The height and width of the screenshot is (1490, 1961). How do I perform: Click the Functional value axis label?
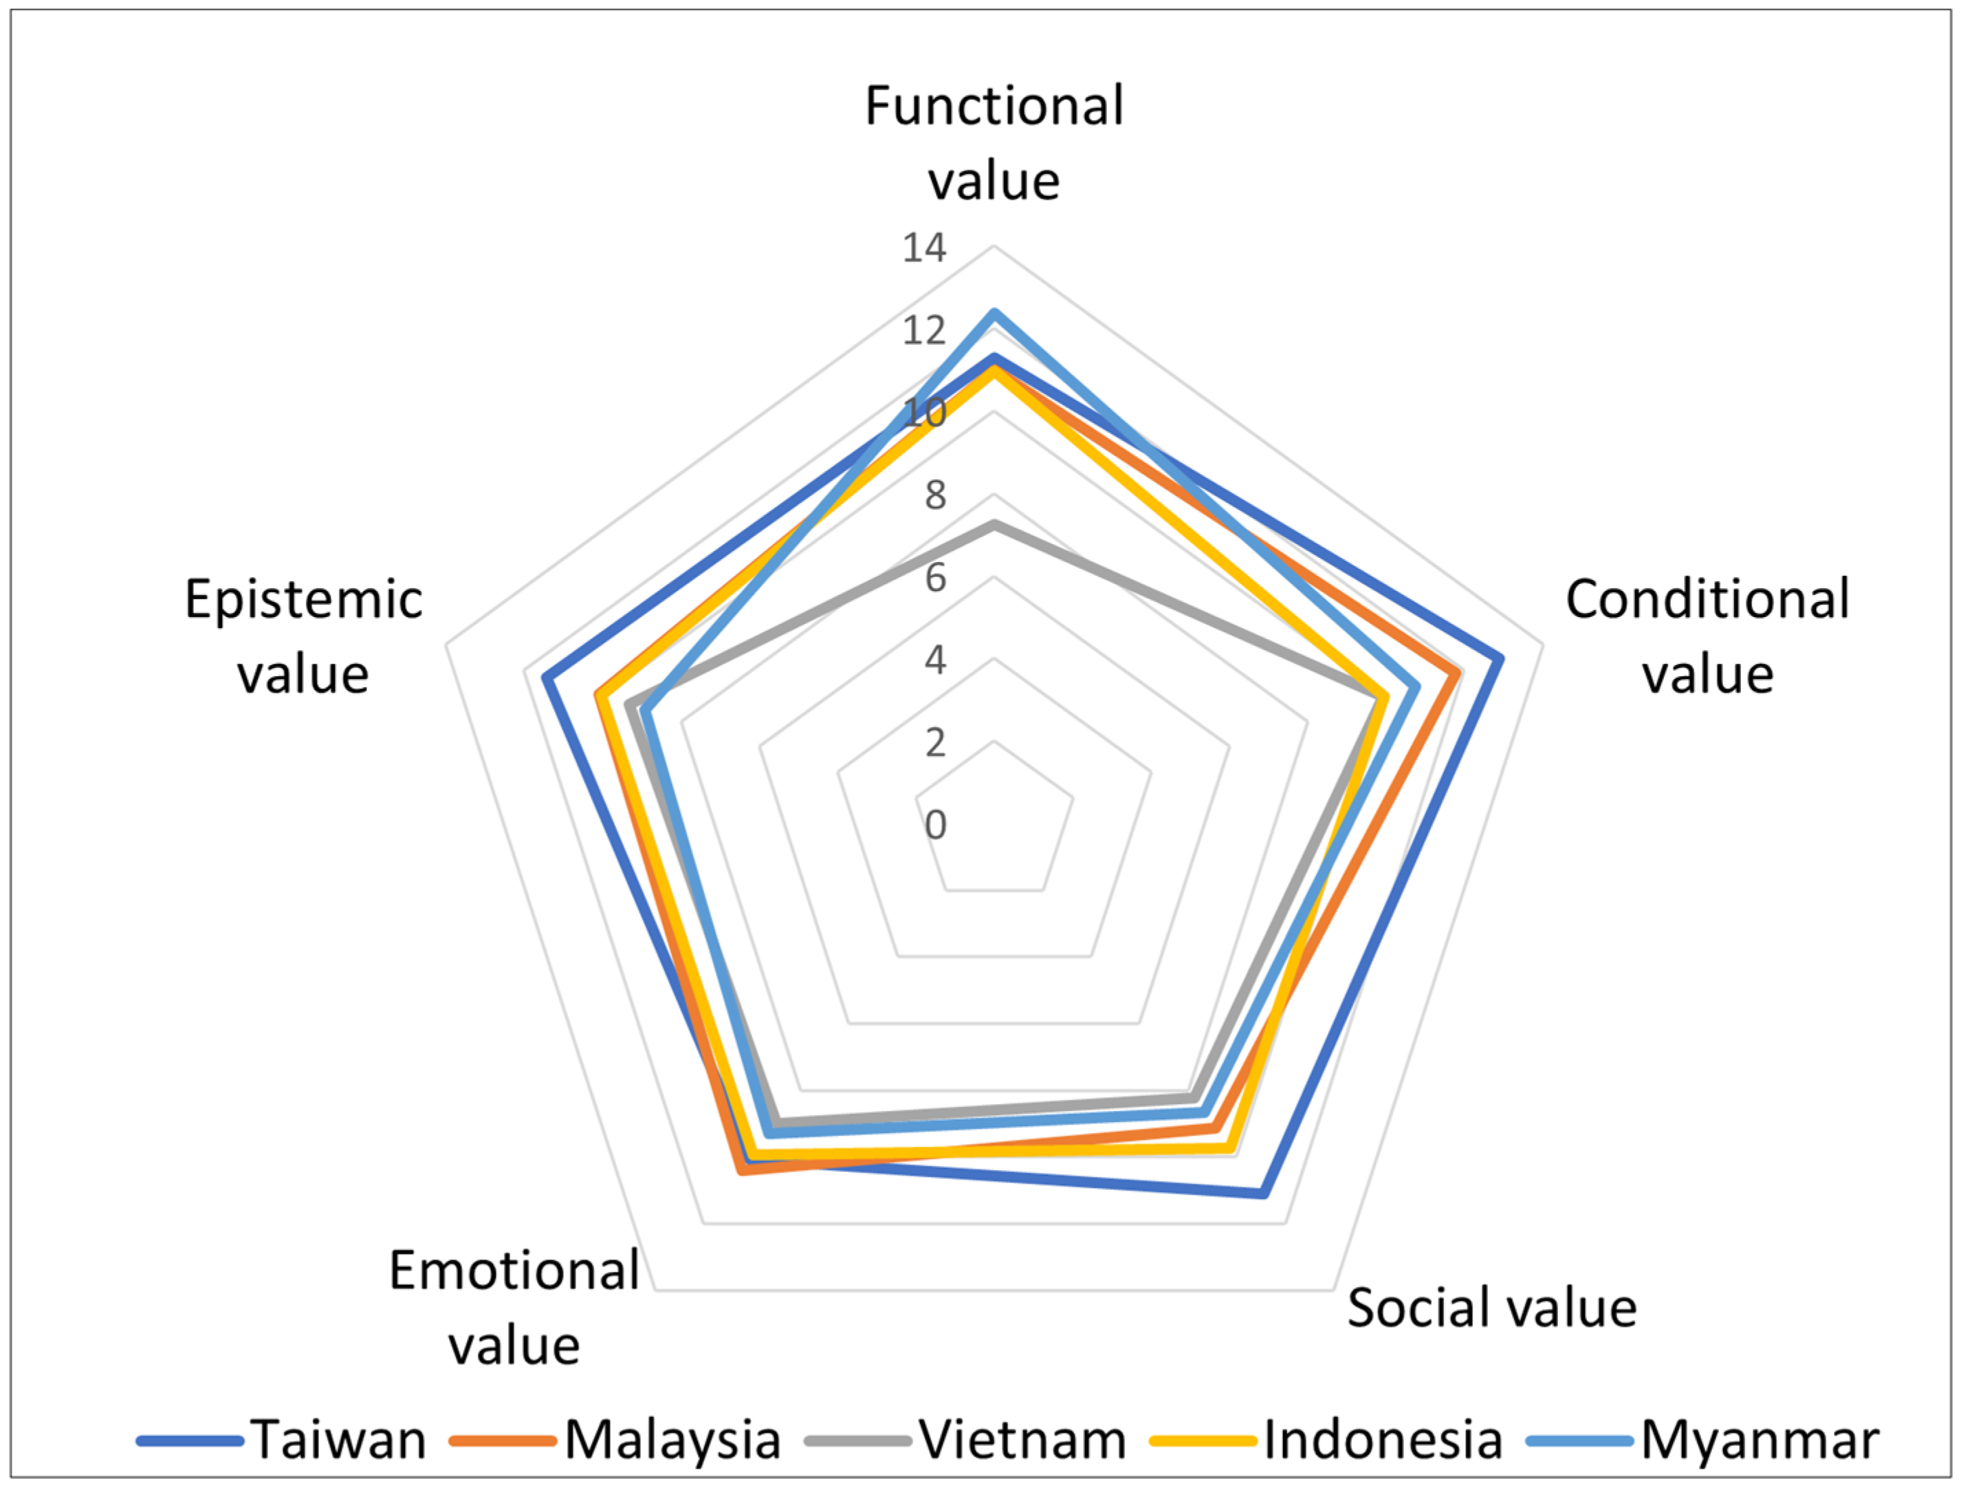pyautogui.click(x=994, y=143)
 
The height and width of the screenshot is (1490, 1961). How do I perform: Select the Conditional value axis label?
pyautogui.click(x=1707, y=636)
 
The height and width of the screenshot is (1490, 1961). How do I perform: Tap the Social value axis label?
pyautogui.click(x=1492, y=1308)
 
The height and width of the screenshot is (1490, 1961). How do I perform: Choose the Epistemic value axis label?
pyautogui.click(x=303, y=636)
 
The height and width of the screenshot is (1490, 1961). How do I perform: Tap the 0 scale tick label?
pyautogui.click(x=935, y=825)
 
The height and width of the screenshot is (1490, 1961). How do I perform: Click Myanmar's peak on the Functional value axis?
pyautogui.click(x=994, y=312)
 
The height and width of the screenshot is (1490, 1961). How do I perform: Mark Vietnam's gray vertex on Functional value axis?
pyautogui.click(x=994, y=524)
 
